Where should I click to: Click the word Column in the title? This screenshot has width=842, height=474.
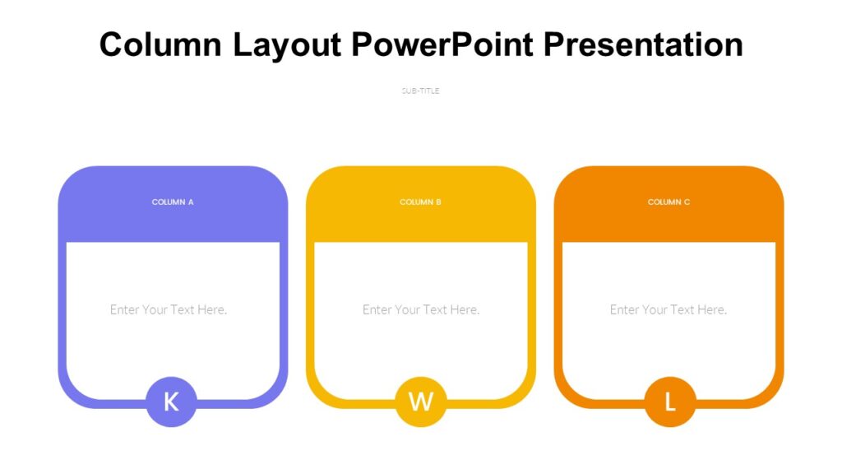click(x=160, y=44)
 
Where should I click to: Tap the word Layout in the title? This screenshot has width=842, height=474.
click(x=287, y=44)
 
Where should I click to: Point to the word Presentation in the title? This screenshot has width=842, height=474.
click(x=643, y=44)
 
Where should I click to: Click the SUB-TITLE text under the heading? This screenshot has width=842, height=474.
click(x=420, y=91)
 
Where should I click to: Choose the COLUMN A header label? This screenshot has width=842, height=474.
click(x=173, y=202)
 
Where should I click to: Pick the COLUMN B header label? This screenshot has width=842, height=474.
click(x=420, y=202)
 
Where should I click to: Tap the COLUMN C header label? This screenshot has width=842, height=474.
click(x=669, y=202)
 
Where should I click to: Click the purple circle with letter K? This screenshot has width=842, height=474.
click(x=171, y=402)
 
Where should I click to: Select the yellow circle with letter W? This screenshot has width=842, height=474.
click(x=420, y=402)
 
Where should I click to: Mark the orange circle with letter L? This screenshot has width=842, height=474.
click(x=669, y=402)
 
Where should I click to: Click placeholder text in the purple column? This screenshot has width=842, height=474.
click(x=169, y=310)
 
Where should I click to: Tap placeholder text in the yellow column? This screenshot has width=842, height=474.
click(x=421, y=310)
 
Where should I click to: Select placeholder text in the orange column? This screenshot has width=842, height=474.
click(x=669, y=310)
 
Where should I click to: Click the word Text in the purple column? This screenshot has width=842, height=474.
click(x=182, y=310)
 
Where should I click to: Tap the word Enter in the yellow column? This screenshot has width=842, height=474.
click(x=377, y=310)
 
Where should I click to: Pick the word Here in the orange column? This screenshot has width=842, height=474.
click(x=712, y=310)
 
